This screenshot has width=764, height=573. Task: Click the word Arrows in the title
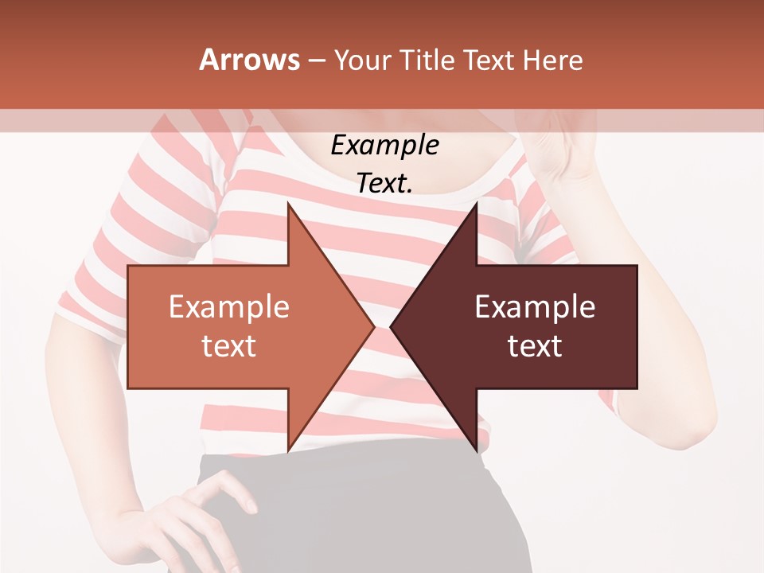pos(250,60)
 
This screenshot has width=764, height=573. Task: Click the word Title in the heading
pos(426,60)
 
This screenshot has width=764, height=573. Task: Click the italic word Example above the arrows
pos(384,145)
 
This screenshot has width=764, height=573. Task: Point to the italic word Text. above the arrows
pos(384,183)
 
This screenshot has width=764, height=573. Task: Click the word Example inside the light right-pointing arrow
pos(229,307)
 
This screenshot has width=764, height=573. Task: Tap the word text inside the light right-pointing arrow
pos(229,346)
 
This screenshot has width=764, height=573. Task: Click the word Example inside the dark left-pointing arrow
pos(535,307)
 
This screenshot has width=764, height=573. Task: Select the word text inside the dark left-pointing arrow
pos(535,346)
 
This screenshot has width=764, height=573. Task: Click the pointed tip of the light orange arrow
pos(373,326)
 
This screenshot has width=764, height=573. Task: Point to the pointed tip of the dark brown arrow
pos(392,326)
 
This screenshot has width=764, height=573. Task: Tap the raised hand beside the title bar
pos(557,151)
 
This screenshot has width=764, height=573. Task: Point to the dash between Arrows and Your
pos(316,60)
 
